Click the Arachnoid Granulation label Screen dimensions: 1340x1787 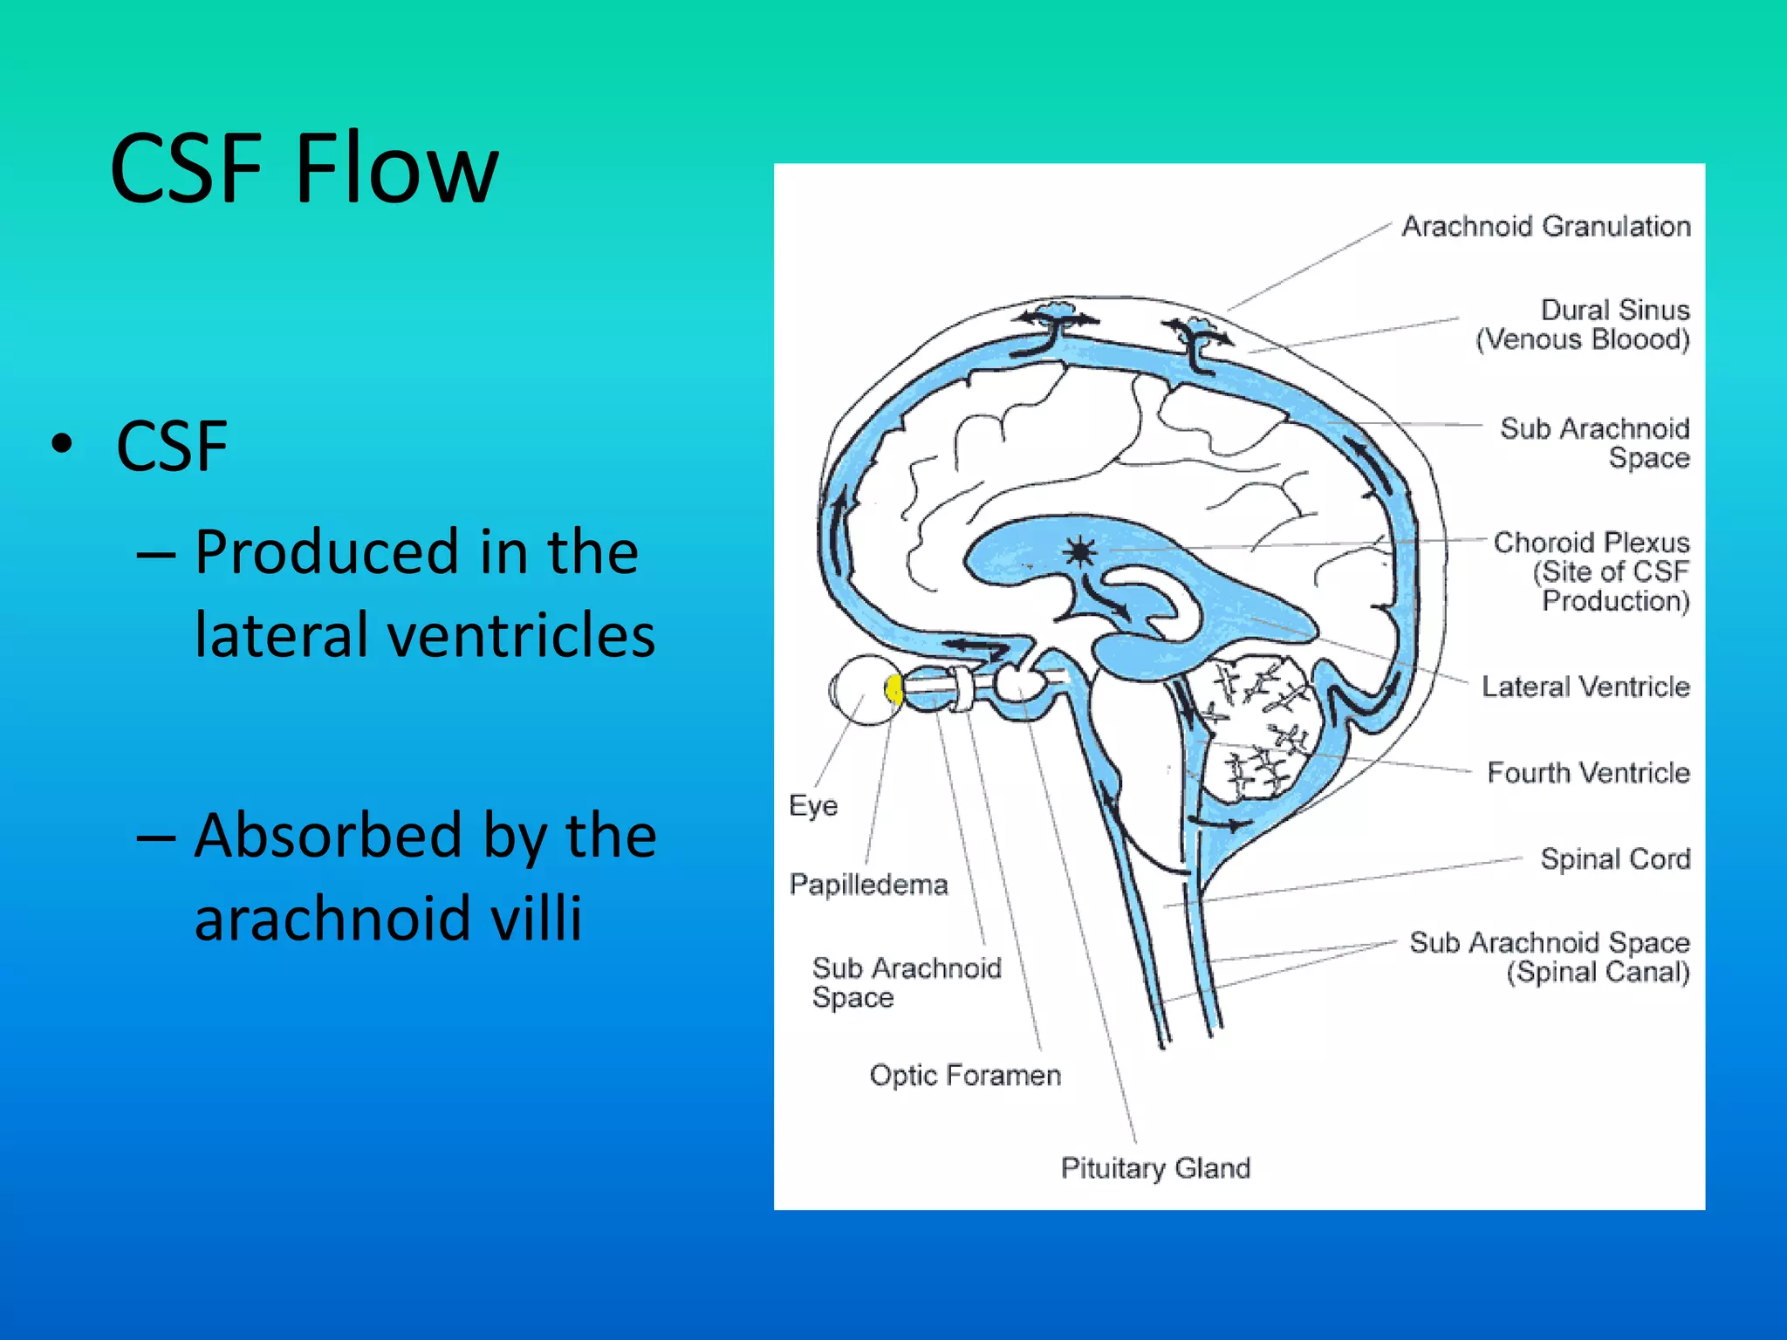coord(1545,227)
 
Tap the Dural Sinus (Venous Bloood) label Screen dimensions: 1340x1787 coord(1583,325)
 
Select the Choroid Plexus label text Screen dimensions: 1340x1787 coord(1591,571)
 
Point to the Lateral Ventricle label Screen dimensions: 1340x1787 coord(1585,687)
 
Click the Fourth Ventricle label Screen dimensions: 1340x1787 coord(1588,773)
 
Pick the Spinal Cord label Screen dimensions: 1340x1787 coord(1615,859)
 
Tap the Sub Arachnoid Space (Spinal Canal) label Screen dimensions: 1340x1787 coord(1550,957)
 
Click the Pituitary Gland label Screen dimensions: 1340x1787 coord(1155,1168)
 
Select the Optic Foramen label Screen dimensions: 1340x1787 coord(965,1076)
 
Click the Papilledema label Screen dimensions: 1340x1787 coord(868,885)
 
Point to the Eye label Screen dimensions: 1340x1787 coord(812,805)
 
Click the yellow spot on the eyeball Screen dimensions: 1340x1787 coord(893,690)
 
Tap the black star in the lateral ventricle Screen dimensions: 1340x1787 coord(1080,551)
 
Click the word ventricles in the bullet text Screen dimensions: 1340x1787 coord(520,635)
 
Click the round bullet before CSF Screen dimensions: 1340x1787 coord(62,445)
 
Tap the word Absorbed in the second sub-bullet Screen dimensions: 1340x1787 coord(327,836)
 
